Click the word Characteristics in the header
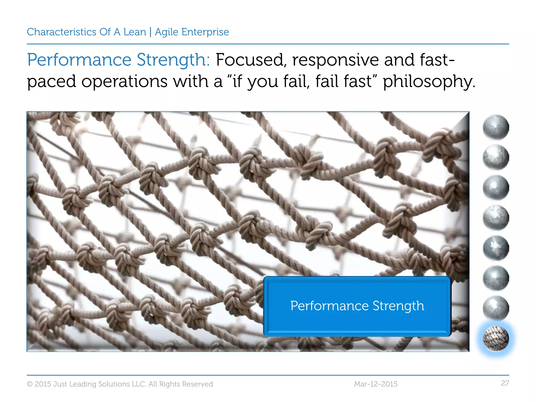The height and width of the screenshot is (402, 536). pos(62,32)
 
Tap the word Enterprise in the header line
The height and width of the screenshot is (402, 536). pos(205,32)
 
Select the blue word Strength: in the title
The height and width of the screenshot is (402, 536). pos(173,60)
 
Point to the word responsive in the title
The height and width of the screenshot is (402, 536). pos(335,60)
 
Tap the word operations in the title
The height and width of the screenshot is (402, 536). pos(124,82)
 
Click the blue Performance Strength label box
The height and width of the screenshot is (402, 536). pos(357,306)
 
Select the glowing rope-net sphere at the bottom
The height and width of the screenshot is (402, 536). pos(496,339)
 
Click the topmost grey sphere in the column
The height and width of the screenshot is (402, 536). pos(496,127)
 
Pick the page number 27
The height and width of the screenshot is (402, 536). pos(505,383)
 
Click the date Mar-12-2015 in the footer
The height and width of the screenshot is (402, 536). pos(376,384)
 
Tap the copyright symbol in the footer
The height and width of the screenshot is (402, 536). pos(30,384)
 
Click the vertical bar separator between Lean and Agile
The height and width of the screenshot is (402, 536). pos(150,32)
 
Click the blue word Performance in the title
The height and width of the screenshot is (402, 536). pos(79,60)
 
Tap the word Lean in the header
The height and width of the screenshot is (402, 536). pos(135,32)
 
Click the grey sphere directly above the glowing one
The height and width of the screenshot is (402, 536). pos(496,308)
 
